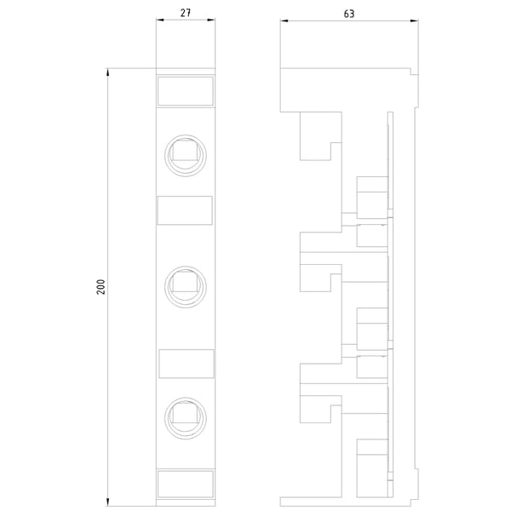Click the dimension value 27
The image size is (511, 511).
click(186, 13)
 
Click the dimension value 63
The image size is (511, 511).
click(349, 14)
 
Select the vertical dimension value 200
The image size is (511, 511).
click(101, 287)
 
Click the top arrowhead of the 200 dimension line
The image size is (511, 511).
click(107, 72)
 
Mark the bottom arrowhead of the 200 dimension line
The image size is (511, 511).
click(107, 502)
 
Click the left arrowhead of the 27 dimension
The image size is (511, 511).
click(160, 20)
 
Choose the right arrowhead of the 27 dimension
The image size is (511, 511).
click(211, 20)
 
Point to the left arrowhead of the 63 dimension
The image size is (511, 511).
click(284, 20)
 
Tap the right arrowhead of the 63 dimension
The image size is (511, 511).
click(415, 20)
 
